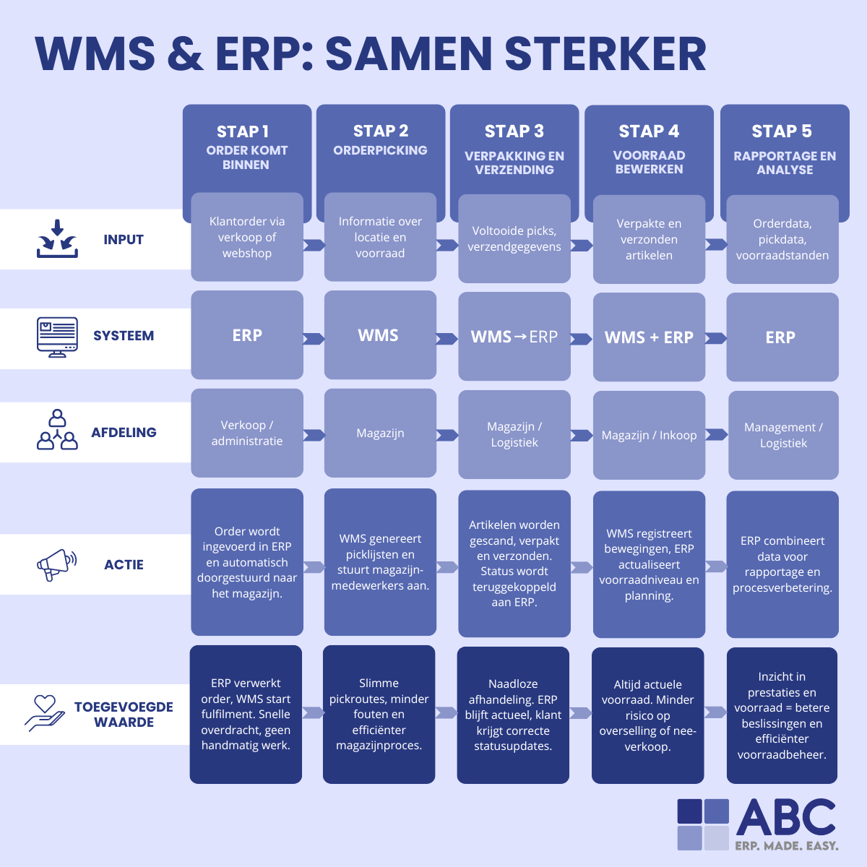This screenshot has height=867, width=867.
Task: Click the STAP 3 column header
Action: pos(514,148)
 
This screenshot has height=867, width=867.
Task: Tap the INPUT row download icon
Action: pos(57,239)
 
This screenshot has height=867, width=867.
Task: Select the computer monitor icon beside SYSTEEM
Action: pos(57,337)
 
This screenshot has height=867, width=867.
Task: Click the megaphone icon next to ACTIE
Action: pos(56,564)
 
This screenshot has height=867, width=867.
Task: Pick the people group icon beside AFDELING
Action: pos(57,431)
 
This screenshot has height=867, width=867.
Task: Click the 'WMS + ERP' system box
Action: pos(649,337)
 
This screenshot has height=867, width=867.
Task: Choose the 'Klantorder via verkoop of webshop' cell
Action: pos(247,238)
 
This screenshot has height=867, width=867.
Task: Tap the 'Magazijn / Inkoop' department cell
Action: pos(649,435)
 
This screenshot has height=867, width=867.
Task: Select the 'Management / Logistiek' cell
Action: pos(783,435)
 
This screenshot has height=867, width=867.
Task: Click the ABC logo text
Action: pos(786,818)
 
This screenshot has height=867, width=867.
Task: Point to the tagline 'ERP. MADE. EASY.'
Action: pos(787,845)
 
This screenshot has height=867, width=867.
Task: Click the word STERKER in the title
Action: pos(605,54)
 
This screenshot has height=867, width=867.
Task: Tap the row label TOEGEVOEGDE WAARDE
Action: pos(124,715)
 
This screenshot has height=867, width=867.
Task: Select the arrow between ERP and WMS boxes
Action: pos(314,338)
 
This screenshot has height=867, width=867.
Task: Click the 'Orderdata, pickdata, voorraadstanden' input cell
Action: pos(782,239)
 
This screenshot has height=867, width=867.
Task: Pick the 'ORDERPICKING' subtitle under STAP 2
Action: pos(380,150)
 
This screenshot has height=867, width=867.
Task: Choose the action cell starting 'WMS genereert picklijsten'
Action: pos(380,562)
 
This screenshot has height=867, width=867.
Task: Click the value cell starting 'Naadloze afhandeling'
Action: pos(513,715)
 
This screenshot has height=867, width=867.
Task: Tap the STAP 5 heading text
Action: pos(782,131)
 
